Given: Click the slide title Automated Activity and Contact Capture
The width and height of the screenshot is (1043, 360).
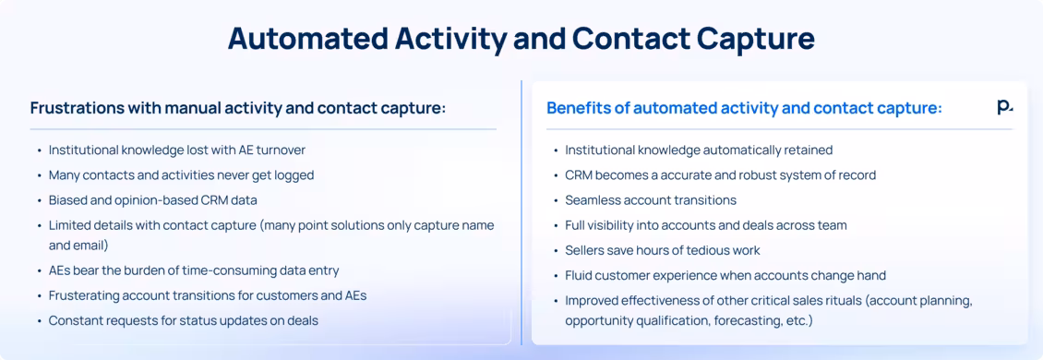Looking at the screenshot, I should (521, 39).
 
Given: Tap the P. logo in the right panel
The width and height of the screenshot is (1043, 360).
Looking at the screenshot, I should (1004, 108).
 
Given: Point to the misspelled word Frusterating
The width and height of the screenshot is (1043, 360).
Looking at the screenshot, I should (88, 295).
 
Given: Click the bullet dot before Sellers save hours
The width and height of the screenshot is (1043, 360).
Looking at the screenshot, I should (555, 251).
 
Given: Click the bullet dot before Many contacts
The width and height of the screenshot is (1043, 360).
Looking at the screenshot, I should (39, 175).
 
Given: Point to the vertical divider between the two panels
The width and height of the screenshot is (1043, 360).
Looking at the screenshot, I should (521, 212).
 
